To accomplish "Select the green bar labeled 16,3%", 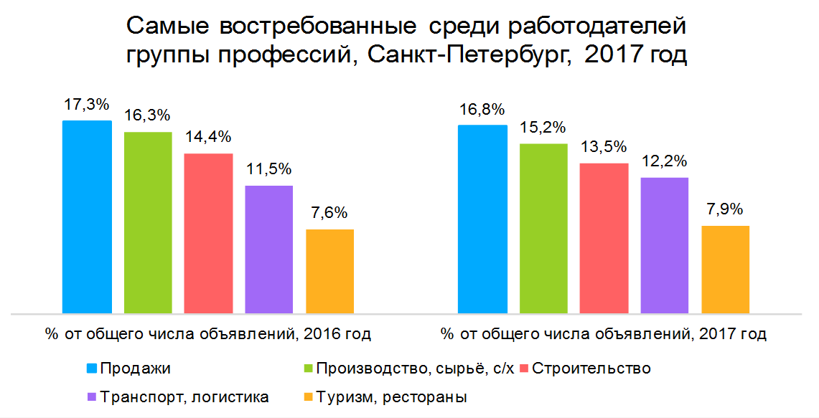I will click(148, 223).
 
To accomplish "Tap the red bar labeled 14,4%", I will click(208, 234).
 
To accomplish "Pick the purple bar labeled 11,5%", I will click(268, 250).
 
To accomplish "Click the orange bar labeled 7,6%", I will click(329, 272).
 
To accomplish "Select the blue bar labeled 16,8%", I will click(483, 219).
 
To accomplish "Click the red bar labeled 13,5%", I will click(604, 239).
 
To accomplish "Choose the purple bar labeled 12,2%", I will click(665, 246).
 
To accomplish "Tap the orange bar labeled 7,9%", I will click(725, 270).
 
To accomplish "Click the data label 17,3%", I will click(87, 105).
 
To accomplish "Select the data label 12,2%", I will click(665, 161).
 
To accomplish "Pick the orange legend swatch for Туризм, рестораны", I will click(308, 396).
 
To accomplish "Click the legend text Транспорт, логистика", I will click(185, 396).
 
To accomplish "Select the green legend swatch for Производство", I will click(308, 369).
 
